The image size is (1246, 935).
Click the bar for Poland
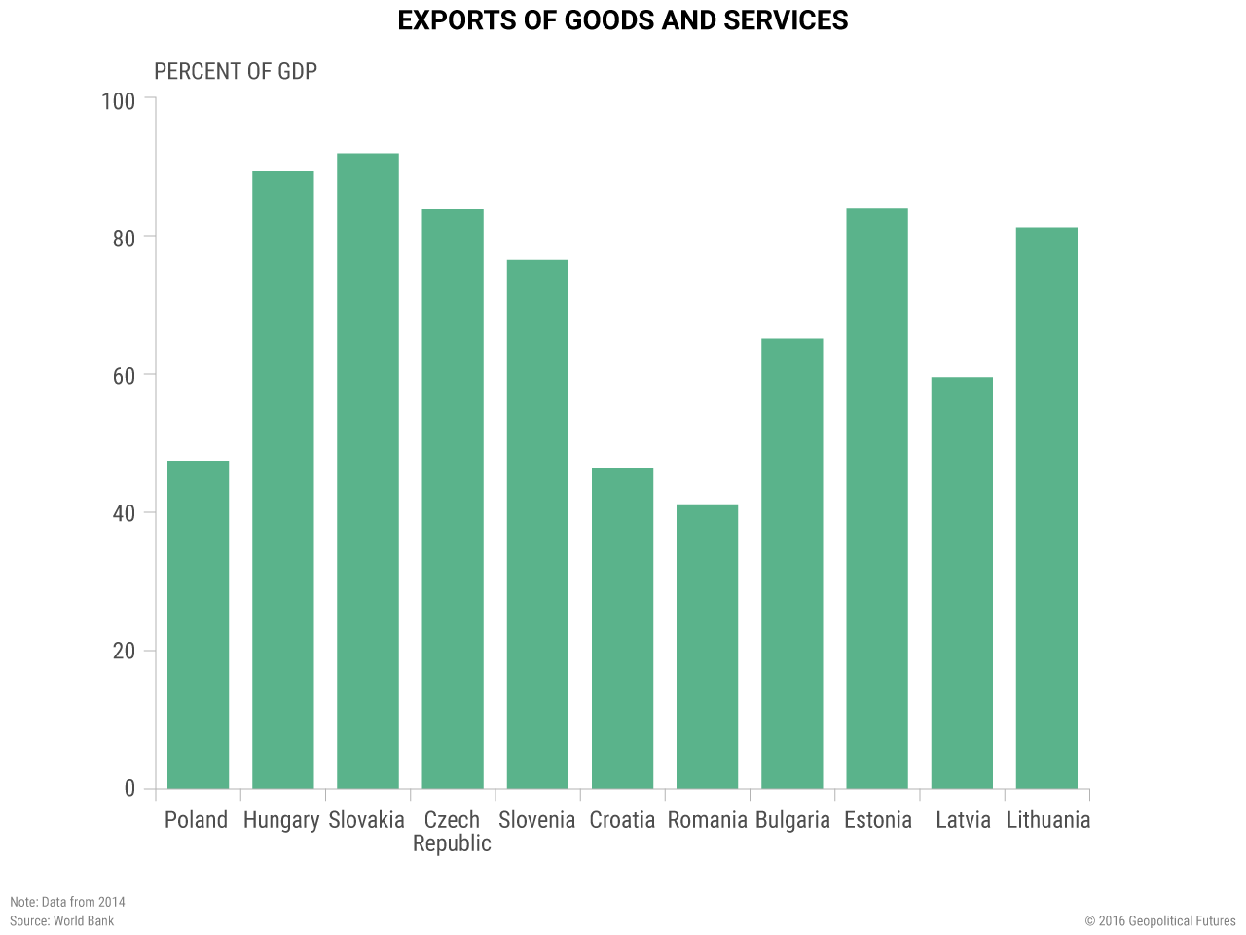(x=198, y=624)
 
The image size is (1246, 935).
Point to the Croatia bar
(x=622, y=628)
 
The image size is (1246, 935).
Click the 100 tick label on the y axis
(x=119, y=100)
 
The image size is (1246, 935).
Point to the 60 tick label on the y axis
(x=124, y=376)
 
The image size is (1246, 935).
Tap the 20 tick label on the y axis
(x=124, y=652)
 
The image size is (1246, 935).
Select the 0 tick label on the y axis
(x=129, y=789)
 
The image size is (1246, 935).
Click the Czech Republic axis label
(x=452, y=832)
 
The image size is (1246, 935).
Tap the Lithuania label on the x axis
(x=1048, y=820)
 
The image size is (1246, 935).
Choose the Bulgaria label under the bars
(x=792, y=820)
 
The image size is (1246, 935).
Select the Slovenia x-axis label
(x=536, y=820)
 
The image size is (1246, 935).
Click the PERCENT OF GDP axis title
(x=236, y=72)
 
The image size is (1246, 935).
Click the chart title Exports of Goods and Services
(x=623, y=20)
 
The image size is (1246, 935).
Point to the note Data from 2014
(x=67, y=902)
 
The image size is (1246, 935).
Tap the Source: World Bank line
(x=61, y=921)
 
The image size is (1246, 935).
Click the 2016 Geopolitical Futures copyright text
(x=1160, y=921)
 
